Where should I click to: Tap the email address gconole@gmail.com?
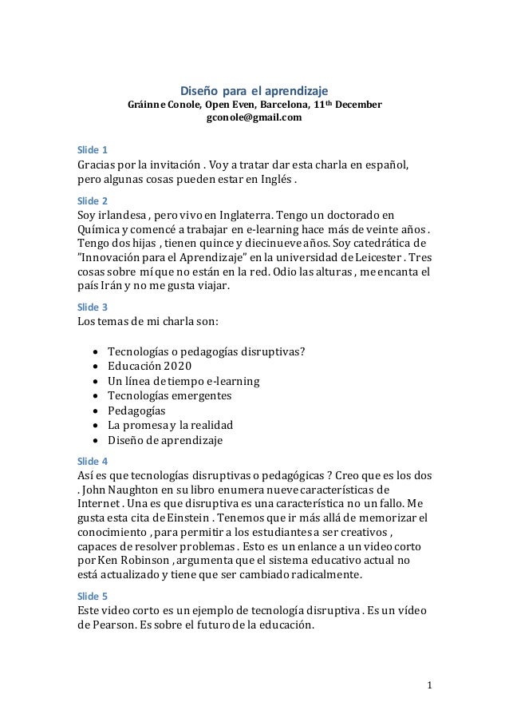(x=254, y=118)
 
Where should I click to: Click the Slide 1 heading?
(x=92, y=150)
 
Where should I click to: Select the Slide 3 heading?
(x=92, y=307)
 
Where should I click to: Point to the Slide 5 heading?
(x=92, y=596)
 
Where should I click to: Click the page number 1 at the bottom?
(x=429, y=684)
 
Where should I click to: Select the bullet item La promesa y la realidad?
(x=170, y=425)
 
